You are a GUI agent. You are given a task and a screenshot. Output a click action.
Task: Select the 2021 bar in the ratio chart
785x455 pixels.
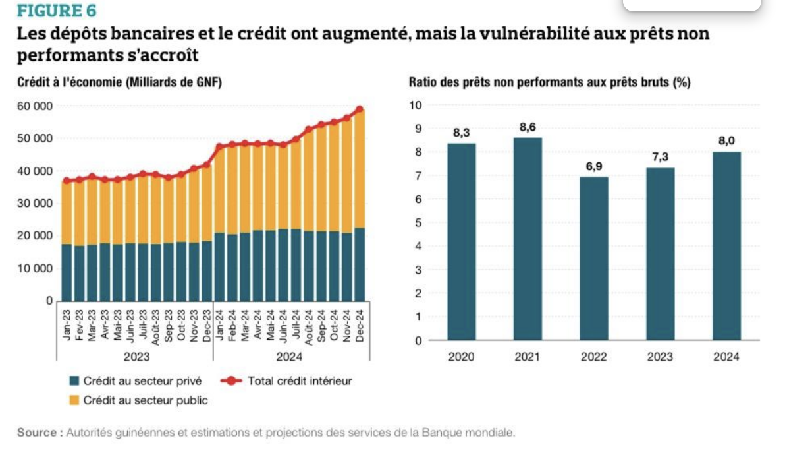(x=528, y=238)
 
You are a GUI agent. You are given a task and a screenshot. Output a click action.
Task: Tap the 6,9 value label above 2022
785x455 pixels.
(x=594, y=166)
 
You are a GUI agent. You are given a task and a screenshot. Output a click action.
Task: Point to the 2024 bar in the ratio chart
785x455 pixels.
(x=726, y=245)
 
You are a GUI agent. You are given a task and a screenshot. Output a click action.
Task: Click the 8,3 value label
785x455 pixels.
(x=461, y=133)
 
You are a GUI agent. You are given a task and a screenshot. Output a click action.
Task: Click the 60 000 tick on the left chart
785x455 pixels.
(x=32, y=106)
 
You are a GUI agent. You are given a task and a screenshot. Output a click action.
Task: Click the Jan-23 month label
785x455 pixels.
(x=67, y=326)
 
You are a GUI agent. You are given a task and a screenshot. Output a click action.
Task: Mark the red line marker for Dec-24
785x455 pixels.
(x=360, y=109)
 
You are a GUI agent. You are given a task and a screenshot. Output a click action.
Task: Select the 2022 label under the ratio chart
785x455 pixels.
(x=594, y=357)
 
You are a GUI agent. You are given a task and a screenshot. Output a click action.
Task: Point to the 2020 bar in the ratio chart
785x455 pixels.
(x=461, y=241)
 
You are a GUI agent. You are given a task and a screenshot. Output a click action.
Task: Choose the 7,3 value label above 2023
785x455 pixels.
(x=660, y=157)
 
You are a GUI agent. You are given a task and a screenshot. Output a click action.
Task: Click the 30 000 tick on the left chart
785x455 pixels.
(x=32, y=203)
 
